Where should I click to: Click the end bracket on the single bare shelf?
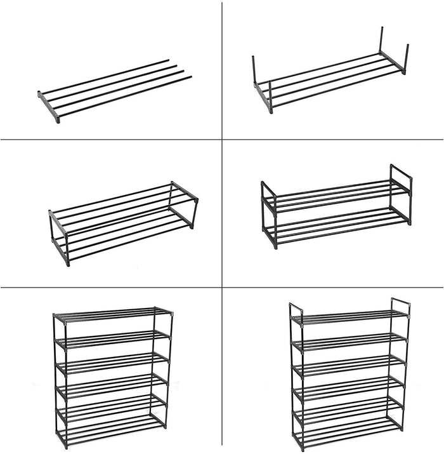pos(49,106)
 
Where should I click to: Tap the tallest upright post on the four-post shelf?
pos(381,39)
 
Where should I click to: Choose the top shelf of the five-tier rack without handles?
pos(111,314)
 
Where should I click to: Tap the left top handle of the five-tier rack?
pos(296,310)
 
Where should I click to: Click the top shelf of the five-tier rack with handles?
pos(349,317)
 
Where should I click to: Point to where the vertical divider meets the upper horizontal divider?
pos(221,138)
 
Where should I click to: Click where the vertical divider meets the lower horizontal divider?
pos(221,286)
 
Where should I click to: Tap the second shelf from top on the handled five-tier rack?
pos(349,342)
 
